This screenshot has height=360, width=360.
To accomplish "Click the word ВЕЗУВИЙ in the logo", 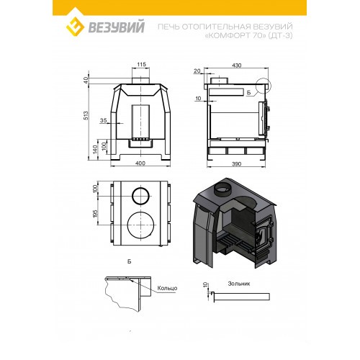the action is (117, 27).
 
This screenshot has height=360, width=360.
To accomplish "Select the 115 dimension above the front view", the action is (141, 64).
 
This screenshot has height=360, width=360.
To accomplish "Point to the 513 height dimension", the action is (86, 115).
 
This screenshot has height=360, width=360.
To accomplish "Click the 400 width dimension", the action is (140, 163).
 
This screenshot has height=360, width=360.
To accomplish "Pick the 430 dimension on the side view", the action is (237, 66).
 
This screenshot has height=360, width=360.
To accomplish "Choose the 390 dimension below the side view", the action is (236, 164).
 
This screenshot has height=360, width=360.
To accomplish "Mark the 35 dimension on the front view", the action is (103, 120).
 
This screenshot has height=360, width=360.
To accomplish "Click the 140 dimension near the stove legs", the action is (95, 150).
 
